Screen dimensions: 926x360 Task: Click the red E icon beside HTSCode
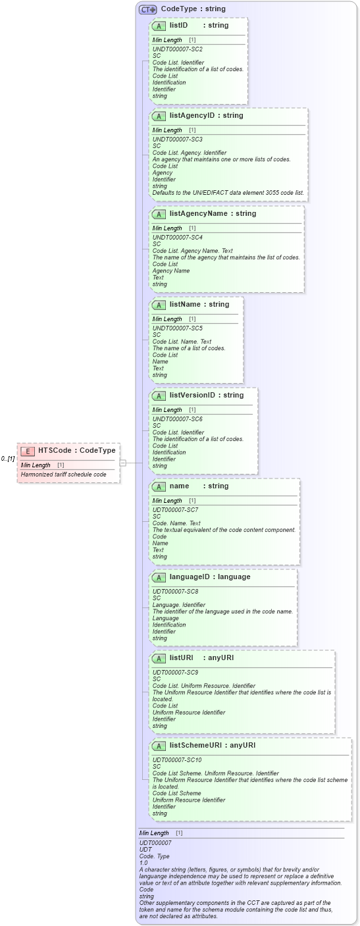coord(28,451)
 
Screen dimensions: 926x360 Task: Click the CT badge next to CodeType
coord(147,9)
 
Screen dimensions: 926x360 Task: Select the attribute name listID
coord(178,26)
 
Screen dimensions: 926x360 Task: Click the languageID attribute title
coord(191,577)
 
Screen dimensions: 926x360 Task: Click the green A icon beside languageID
coord(159,577)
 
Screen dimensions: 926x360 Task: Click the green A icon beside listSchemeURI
coord(159,746)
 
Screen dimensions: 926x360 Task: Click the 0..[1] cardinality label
coord(8,459)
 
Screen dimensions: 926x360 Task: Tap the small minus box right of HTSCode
coord(122,463)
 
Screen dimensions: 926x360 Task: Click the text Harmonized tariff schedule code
coord(63,475)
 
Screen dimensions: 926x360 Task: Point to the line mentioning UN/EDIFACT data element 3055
coord(228,193)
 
